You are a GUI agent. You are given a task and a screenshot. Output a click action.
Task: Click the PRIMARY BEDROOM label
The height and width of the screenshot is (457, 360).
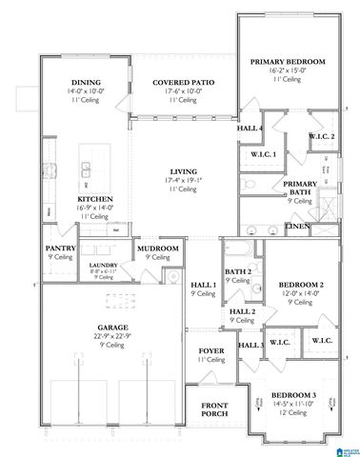[x=287, y=62]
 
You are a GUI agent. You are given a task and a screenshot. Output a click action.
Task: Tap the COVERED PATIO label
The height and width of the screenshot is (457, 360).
[x=183, y=83]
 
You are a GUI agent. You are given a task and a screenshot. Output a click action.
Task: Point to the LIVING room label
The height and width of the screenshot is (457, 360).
[x=183, y=172]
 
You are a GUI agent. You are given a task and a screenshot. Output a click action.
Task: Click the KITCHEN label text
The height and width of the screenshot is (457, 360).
[x=94, y=199]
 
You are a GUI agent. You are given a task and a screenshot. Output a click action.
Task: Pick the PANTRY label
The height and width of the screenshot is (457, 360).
[x=60, y=248]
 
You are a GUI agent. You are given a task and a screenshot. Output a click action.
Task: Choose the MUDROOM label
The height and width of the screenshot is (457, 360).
[x=157, y=248]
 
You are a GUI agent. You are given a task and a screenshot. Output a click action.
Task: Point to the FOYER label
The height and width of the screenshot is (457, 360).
[x=210, y=351]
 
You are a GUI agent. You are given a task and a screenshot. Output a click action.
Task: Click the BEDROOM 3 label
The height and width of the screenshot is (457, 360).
[x=292, y=395]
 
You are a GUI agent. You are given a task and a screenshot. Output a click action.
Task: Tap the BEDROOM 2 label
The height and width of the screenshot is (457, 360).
[x=301, y=285]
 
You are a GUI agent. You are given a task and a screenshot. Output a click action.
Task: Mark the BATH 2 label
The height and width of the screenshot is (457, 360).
[x=239, y=272]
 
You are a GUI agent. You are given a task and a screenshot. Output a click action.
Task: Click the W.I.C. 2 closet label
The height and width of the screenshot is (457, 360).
[x=321, y=136]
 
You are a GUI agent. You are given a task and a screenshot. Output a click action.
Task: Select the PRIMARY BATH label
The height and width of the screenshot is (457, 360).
[x=299, y=188]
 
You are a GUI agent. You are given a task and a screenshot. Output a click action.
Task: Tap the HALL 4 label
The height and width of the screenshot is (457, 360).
[x=250, y=129]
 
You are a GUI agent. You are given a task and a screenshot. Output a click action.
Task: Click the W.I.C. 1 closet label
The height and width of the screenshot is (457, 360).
[x=262, y=153]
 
